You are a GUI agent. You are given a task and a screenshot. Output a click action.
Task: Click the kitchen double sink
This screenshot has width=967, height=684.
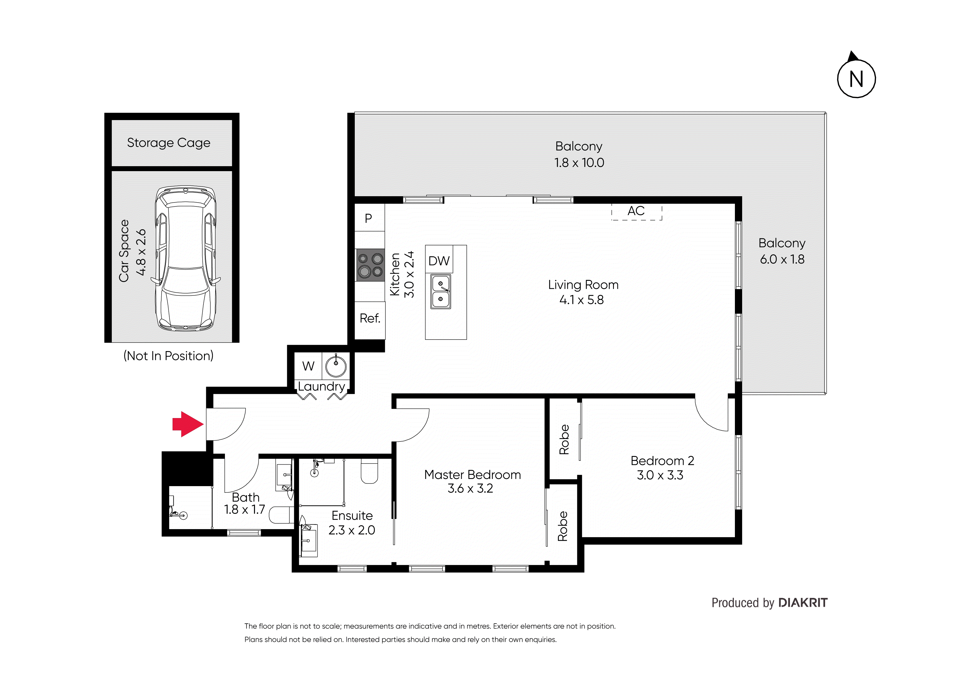[x=440, y=292]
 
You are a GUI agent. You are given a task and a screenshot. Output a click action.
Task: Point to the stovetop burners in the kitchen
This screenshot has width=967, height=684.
[x=370, y=265]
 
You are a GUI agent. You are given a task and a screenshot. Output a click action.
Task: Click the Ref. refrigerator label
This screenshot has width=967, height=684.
[x=370, y=318]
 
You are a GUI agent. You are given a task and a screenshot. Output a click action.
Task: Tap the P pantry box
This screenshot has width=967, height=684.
[x=369, y=218]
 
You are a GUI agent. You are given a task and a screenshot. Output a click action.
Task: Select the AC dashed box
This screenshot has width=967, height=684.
[x=636, y=211]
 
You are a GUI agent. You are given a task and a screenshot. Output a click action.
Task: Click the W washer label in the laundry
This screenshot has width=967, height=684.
[x=308, y=366]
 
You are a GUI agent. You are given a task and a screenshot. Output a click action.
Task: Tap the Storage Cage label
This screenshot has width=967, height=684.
[x=168, y=143]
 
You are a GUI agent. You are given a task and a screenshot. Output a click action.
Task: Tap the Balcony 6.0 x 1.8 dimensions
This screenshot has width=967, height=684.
[x=782, y=259]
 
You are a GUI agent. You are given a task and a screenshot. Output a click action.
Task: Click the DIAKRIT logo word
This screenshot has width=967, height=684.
[x=803, y=603]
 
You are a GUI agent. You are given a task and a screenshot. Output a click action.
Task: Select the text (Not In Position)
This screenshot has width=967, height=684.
[x=168, y=356]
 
